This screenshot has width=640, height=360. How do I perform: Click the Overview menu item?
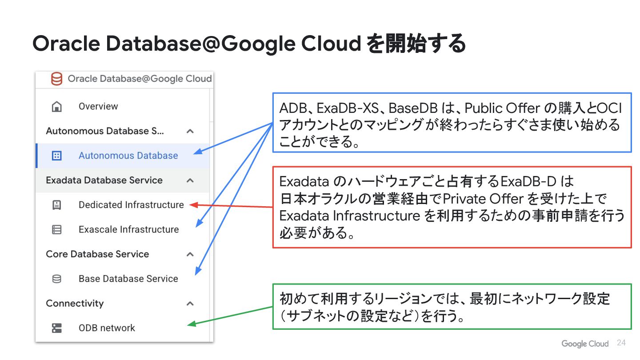pyautogui.click(x=98, y=107)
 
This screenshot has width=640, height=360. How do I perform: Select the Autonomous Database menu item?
pyautogui.click(x=128, y=156)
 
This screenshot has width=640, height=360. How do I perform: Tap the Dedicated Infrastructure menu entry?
pyautogui.click(x=131, y=205)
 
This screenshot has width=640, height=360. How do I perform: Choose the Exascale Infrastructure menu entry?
pyautogui.click(x=128, y=229)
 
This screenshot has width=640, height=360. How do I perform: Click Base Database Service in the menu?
pyautogui.click(x=128, y=279)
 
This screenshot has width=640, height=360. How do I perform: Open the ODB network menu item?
pyautogui.click(x=107, y=328)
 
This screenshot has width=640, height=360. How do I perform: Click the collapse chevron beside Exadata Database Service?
pyautogui.click(x=190, y=180)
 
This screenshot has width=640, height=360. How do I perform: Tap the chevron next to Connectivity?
pyautogui.click(x=190, y=304)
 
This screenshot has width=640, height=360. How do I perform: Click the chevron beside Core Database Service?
pyautogui.click(x=190, y=254)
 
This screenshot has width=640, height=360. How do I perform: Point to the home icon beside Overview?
pyautogui.click(x=57, y=107)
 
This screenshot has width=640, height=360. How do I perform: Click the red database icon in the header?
pyautogui.click(x=56, y=79)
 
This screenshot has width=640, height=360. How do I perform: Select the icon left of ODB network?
pyautogui.click(x=57, y=328)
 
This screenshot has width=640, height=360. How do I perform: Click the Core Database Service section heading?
pyautogui.click(x=97, y=254)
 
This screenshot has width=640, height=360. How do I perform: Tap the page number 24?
pyautogui.click(x=621, y=343)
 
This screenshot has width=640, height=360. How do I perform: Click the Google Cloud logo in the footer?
pyautogui.click(x=585, y=344)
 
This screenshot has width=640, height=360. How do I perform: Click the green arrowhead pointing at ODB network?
pyautogui.click(x=191, y=324)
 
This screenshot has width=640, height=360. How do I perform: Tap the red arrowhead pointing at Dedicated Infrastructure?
pyautogui.click(x=192, y=204)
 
